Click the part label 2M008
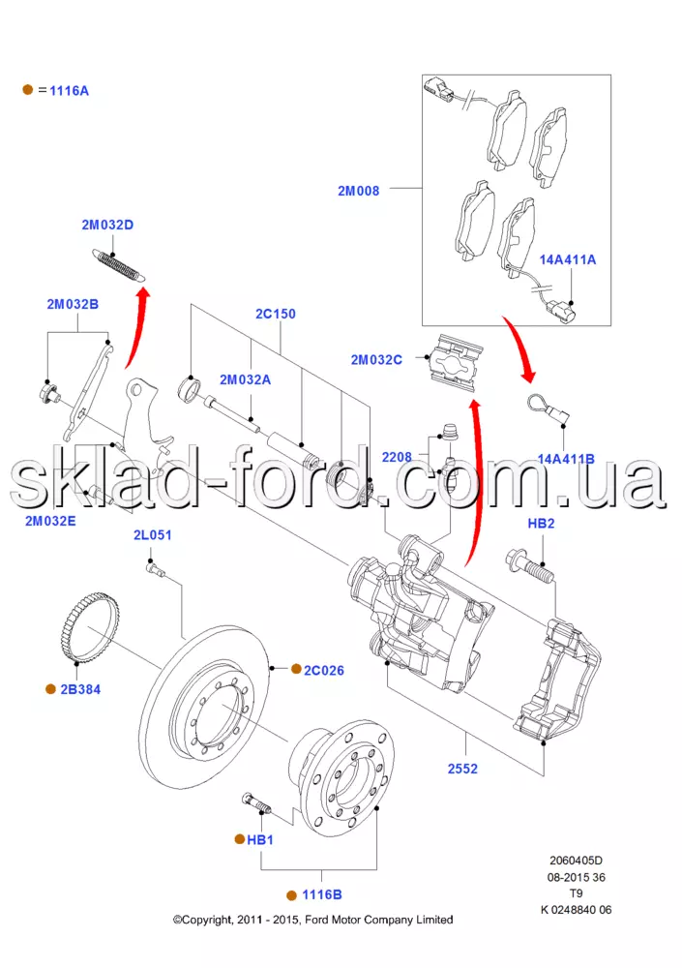pyautogui.click(x=358, y=191)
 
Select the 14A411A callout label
pyautogui.click(x=568, y=260)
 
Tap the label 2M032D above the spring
pyautogui.click(x=107, y=226)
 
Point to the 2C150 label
pyautogui.click(x=276, y=314)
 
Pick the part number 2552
pyautogui.click(x=462, y=770)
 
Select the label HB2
pyautogui.click(x=541, y=524)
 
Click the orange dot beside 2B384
pyautogui.click(x=50, y=689)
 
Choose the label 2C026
pyautogui.click(x=324, y=670)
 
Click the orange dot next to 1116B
pyautogui.click(x=291, y=894)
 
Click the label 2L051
pyautogui.click(x=152, y=535)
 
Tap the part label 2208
pyautogui.click(x=396, y=455)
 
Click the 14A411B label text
pyautogui.click(x=566, y=459)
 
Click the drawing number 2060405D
pyautogui.click(x=577, y=860)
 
